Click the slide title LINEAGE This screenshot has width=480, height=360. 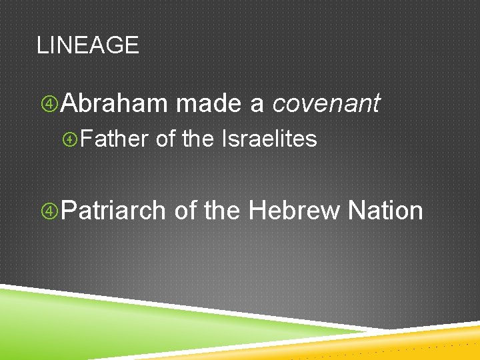pyautogui.click(x=87, y=45)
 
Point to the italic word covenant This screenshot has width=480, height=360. pyautogui.click(x=326, y=103)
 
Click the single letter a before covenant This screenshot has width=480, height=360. pyautogui.click(x=257, y=105)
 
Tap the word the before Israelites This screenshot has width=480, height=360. pyautogui.click(x=197, y=139)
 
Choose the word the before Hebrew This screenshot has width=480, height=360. pyautogui.click(x=223, y=211)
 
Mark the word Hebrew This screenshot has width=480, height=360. pyautogui.click(x=295, y=211)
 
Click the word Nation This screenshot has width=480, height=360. pyautogui.click(x=385, y=211)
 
